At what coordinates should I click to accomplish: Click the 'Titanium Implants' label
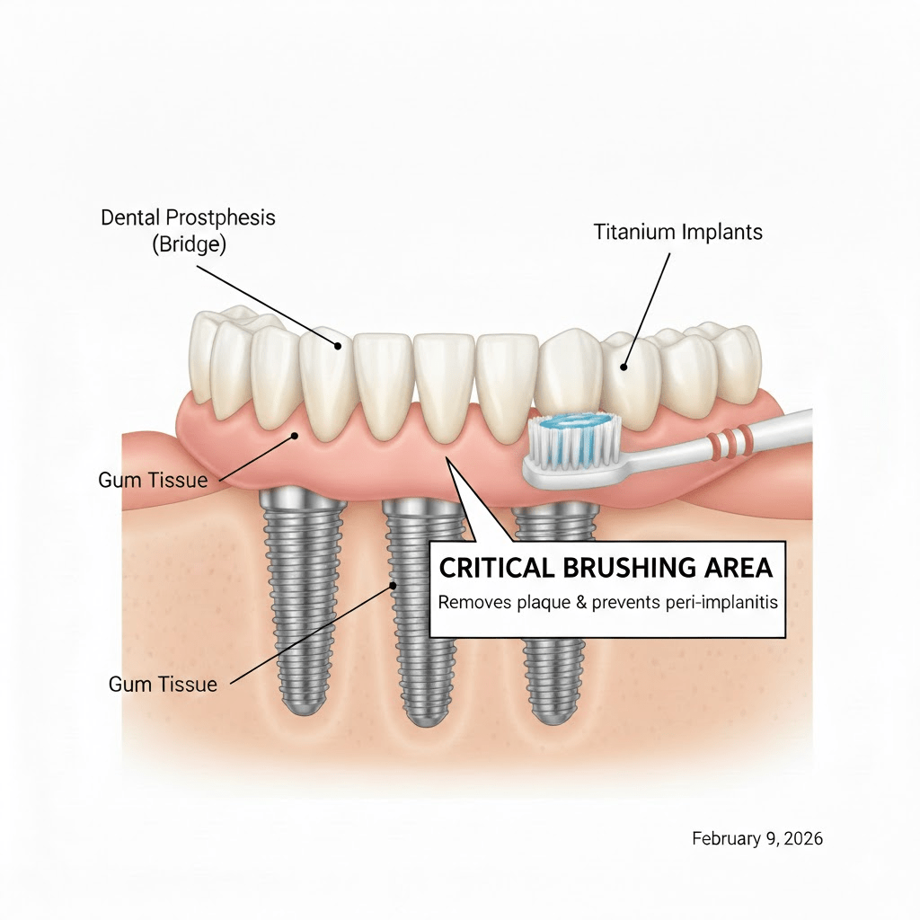(x=677, y=232)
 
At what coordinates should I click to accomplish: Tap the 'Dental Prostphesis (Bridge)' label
(x=188, y=229)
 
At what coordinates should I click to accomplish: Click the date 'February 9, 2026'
(x=757, y=838)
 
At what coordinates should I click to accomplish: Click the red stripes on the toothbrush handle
(x=730, y=439)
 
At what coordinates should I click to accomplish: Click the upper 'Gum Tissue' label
(x=152, y=480)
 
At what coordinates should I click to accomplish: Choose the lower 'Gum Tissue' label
(x=163, y=685)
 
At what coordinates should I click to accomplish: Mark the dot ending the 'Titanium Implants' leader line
(x=624, y=366)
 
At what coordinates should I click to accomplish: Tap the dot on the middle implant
(x=393, y=586)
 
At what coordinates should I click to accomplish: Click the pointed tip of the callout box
(x=449, y=457)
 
